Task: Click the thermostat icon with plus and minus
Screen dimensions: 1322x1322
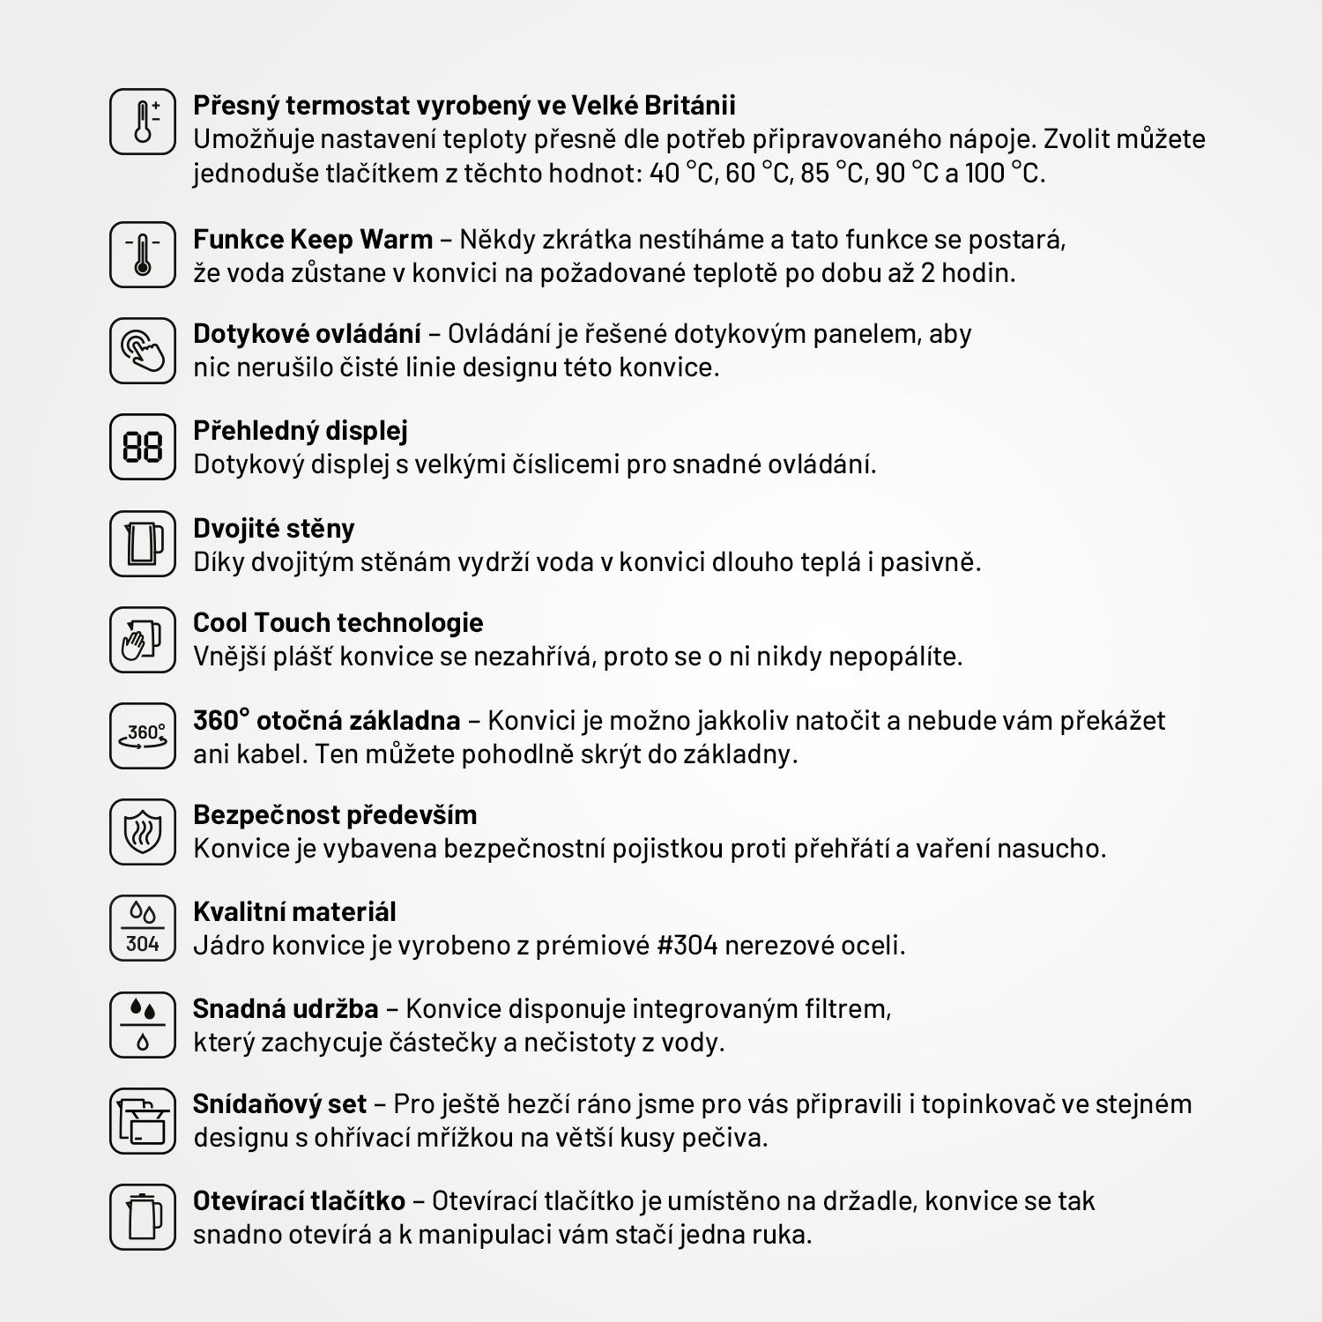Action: coord(143,122)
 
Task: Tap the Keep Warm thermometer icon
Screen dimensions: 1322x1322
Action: coord(143,255)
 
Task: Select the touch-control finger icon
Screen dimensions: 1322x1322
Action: coord(143,350)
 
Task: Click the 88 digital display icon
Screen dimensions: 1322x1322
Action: coord(143,447)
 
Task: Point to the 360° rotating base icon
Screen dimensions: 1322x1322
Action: coord(143,736)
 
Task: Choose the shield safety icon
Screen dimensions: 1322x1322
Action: coord(143,832)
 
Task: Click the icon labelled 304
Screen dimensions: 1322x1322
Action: coord(143,928)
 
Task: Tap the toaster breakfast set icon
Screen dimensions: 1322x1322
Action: coord(143,1121)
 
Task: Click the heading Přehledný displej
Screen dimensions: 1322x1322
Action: coord(301,431)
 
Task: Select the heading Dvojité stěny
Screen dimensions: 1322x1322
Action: coord(274,529)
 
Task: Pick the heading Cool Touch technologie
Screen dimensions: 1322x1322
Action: coord(338,623)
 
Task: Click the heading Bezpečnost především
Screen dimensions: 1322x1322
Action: coord(335,815)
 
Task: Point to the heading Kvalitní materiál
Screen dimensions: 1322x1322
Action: coord(294,912)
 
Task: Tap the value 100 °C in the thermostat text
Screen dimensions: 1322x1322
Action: coord(1004,174)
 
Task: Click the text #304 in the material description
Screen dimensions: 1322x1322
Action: coord(687,946)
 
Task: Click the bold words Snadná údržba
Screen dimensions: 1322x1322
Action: coord(286,1009)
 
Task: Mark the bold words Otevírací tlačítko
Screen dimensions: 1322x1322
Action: coord(300,1201)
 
